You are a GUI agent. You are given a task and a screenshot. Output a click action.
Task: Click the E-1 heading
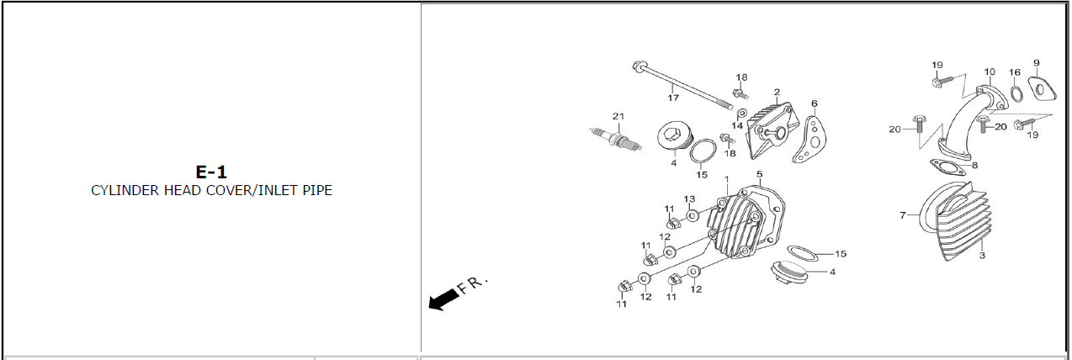pos(211,172)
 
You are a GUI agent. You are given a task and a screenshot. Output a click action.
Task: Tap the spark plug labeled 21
pos(616,138)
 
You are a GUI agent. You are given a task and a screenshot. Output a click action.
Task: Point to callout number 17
pos(673,98)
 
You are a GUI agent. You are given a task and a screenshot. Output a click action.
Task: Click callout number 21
pos(618,116)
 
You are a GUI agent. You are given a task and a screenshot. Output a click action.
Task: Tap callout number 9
pos(1036,63)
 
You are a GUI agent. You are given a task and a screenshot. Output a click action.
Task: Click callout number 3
pos(981,255)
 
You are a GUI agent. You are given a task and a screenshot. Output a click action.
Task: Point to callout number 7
pos(902,215)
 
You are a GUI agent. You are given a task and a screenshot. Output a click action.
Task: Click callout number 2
pos(776,92)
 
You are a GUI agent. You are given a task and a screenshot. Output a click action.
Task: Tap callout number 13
pos(688,199)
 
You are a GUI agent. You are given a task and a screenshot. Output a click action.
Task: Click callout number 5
pos(759,174)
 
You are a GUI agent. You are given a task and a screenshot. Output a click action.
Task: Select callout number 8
pos(974,166)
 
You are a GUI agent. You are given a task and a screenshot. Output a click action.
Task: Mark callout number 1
pos(726,179)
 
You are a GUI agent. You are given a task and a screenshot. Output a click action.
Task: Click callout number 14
pos(737,125)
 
